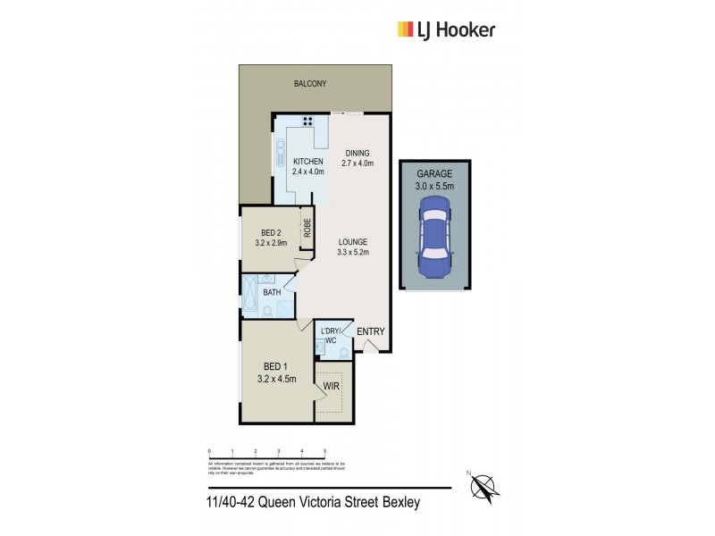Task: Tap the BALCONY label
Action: pyautogui.click(x=310, y=83)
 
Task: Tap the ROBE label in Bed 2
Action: pyautogui.click(x=306, y=228)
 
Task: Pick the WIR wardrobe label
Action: pyautogui.click(x=332, y=388)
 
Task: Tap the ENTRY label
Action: pyautogui.click(x=370, y=332)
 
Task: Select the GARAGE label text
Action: pyautogui.click(x=433, y=174)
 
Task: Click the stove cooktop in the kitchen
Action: pyautogui.click(x=307, y=122)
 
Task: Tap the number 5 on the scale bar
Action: pyautogui.click(x=324, y=450)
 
